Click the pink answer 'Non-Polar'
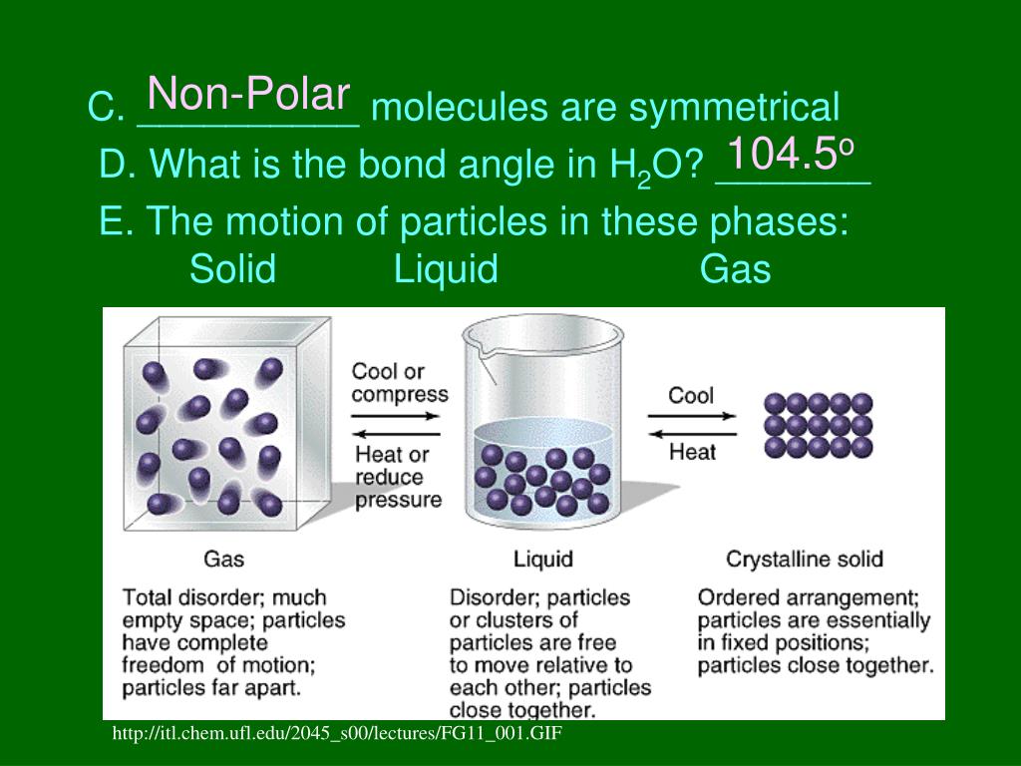(248, 96)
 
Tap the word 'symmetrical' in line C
(734, 108)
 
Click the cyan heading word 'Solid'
(232, 268)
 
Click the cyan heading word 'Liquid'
(446, 268)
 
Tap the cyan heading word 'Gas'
(735, 268)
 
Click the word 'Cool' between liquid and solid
(691, 395)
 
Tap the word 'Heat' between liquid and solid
(692, 452)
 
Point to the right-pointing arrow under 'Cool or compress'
(397, 413)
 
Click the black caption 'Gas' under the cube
(223, 559)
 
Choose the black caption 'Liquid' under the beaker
(542, 559)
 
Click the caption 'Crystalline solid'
(805, 559)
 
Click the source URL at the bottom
(338, 734)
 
